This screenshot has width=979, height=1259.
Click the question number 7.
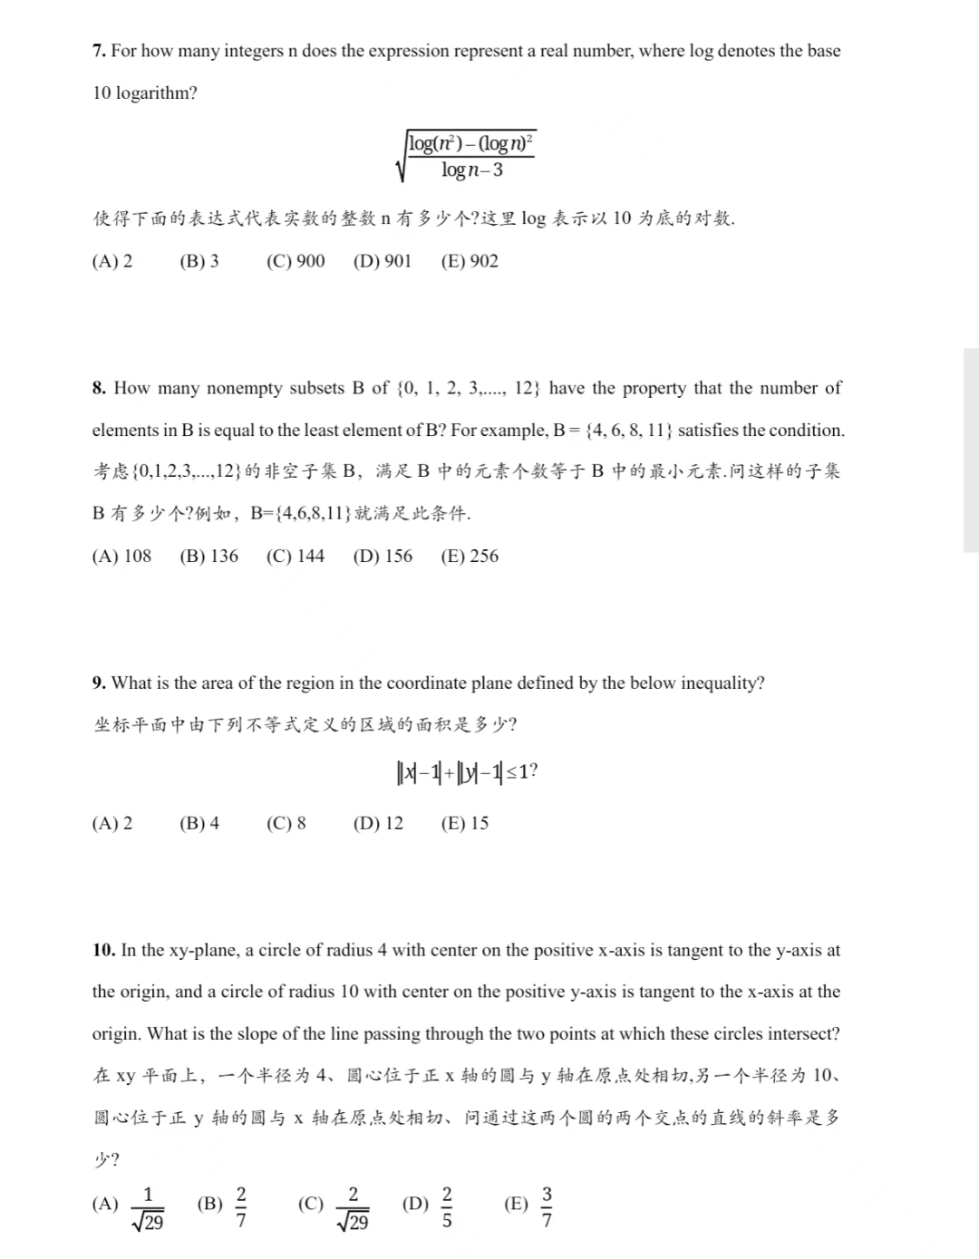click(x=99, y=52)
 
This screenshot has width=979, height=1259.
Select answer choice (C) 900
click(x=296, y=261)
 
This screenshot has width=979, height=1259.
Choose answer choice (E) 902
click(x=470, y=261)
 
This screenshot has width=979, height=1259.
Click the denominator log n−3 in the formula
click(x=472, y=170)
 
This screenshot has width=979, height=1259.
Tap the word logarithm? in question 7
click(x=157, y=93)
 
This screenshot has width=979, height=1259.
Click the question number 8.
click(x=99, y=388)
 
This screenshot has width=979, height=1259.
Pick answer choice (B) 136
click(x=209, y=557)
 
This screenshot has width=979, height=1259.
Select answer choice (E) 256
click(x=470, y=557)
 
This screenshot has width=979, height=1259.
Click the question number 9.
click(x=99, y=683)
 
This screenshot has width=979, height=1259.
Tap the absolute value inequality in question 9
click(x=467, y=772)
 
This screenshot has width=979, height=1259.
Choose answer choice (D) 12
click(x=379, y=824)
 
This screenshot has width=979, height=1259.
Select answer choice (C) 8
click(x=286, y=824)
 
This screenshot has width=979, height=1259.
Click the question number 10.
click(x=103, y=951)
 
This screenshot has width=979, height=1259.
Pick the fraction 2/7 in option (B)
click(x=240, y=1206)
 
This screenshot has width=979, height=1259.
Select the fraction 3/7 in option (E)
click(x=547, y=1206)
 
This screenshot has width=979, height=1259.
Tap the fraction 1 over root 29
click(x=149, y=1208)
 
